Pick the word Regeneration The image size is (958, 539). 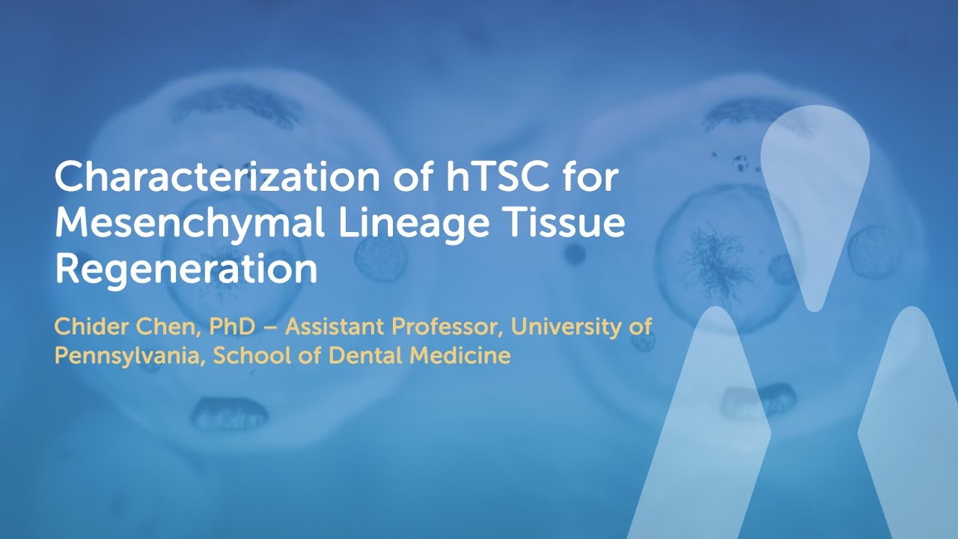pyautogui.click(x=186, y=269)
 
